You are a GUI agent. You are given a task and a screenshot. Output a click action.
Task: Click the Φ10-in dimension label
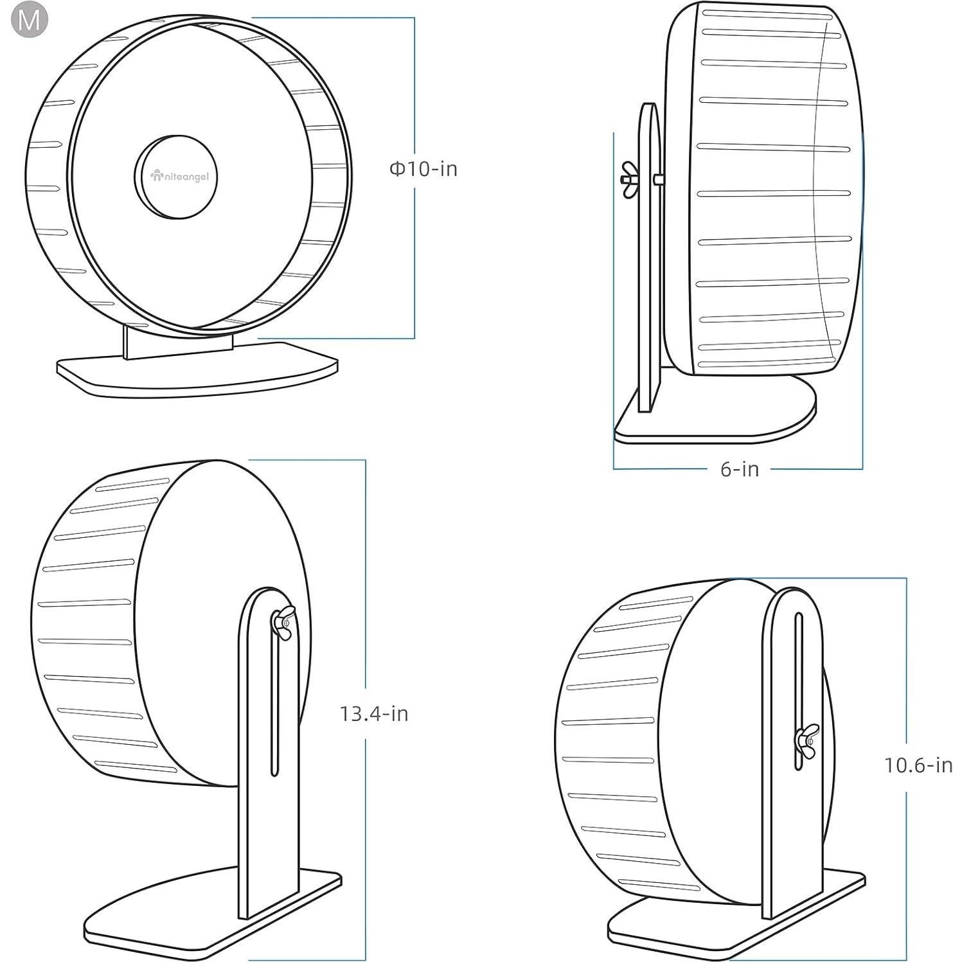coord(423,169)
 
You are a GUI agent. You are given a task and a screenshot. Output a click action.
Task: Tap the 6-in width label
coord(739,469)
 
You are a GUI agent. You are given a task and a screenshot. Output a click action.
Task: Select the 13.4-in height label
coord(374,713)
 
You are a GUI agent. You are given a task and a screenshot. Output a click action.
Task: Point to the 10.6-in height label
coord(918,765)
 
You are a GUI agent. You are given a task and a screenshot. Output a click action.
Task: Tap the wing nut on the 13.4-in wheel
coord(282,622)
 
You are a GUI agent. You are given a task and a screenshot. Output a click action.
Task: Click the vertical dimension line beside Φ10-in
coord(414,257)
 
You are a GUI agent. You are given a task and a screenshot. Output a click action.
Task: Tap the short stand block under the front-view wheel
coord(177,345)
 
